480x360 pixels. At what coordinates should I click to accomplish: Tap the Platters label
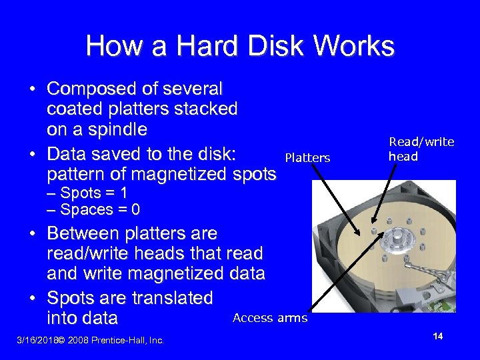point(307,158)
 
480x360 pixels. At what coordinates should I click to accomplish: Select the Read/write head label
point(421,149)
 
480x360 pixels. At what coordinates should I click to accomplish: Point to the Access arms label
point(270,318)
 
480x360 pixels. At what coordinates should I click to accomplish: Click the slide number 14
point(438,336)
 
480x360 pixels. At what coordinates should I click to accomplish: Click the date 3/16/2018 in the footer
point(36,340)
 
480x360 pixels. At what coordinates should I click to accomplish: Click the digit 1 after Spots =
point(123,193)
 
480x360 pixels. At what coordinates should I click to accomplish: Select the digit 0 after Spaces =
point(135,210)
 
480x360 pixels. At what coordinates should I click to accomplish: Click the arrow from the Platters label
point(337,200)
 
